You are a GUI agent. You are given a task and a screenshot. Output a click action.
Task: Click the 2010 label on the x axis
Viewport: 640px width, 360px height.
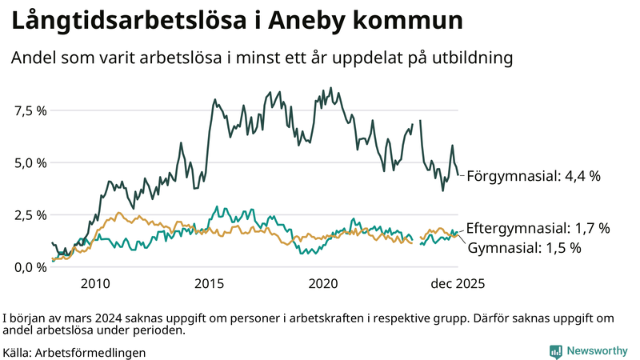[94, 283]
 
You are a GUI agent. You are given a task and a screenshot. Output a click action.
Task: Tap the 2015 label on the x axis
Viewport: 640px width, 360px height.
[210, 283]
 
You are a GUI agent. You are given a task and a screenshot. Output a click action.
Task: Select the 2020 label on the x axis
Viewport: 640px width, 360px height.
[325, 283]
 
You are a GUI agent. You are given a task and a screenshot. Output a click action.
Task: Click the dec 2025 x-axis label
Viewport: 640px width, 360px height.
[457, 283]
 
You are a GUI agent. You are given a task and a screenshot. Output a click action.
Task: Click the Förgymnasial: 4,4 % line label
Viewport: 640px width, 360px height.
[533, 176]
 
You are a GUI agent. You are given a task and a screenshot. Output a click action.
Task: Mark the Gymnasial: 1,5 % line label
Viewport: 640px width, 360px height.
[523, 248]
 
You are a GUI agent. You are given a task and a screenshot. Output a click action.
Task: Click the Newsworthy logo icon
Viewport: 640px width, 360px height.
[555, 351]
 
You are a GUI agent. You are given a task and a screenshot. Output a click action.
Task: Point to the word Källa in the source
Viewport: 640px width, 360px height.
[18, 352]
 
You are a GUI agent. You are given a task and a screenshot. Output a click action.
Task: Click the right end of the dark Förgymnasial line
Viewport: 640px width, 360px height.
[458, 174]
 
